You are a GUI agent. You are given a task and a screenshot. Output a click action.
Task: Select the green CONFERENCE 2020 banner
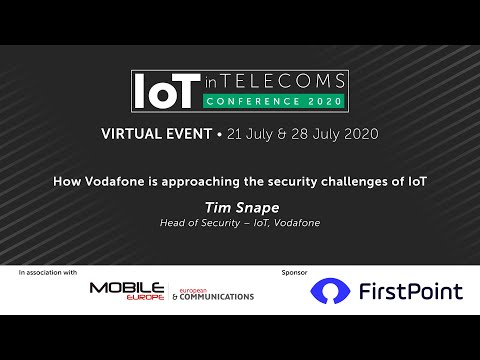(x=273, y=101)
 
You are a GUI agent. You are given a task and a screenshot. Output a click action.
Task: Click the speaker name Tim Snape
(x=240, y=208)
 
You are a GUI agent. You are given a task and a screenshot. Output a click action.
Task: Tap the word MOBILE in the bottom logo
(x=128, y=288)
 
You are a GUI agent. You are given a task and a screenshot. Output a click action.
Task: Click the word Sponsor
(x=297, y=272)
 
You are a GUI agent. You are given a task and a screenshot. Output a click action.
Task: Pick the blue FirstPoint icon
(x=332, y=291)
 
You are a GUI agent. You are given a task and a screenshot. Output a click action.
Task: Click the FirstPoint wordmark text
(x=412, y=291)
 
